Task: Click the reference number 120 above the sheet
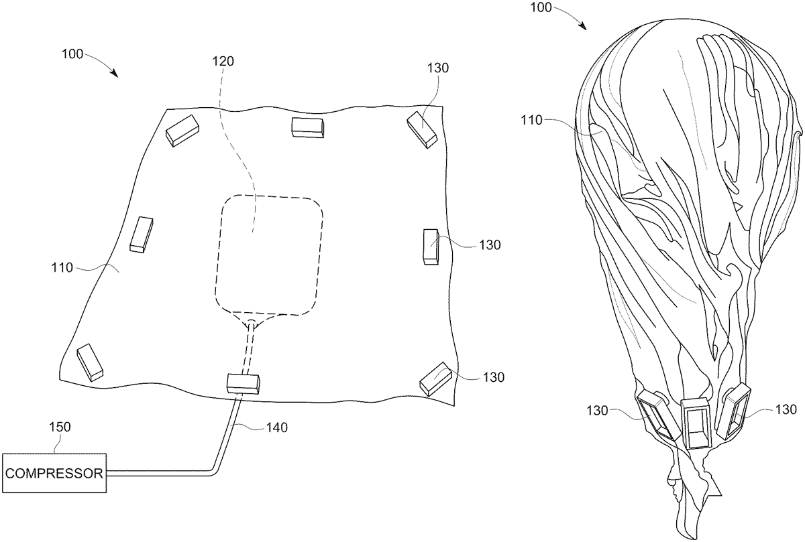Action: pos(224,61)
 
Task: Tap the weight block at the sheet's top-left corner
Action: pos(182,129)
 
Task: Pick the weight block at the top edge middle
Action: pos(307,127)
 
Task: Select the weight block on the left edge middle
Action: pos(142,234)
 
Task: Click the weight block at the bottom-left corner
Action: pos(90,362)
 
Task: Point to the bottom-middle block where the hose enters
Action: pos(243,383)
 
